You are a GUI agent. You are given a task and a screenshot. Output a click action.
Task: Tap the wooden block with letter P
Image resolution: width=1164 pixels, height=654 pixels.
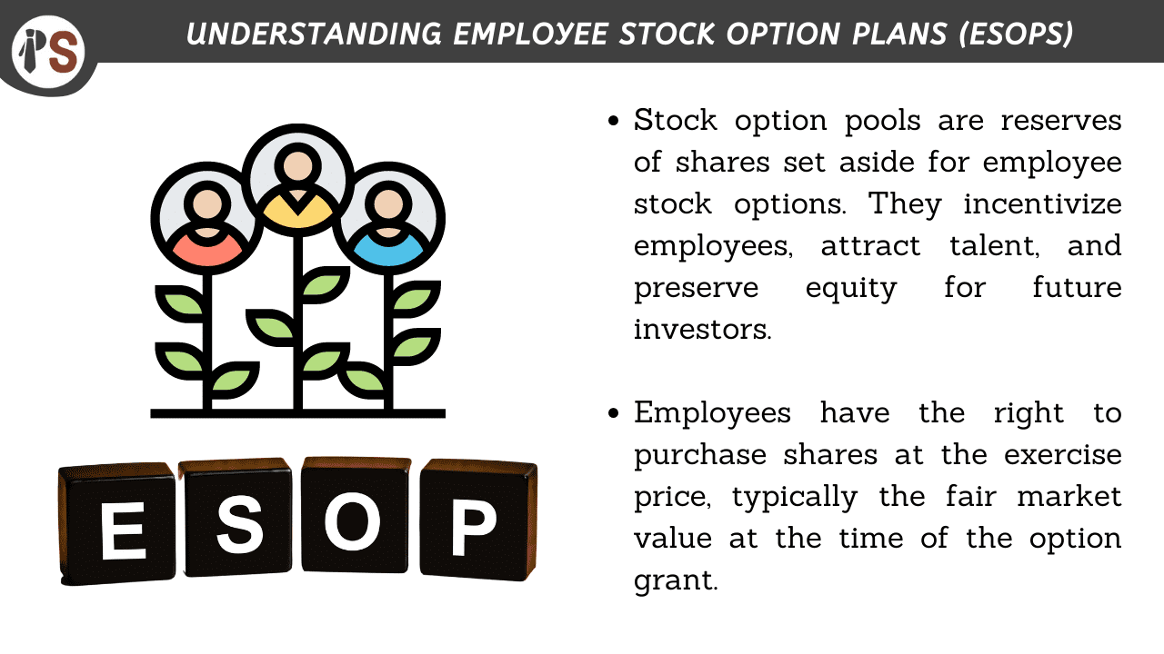(477, 523)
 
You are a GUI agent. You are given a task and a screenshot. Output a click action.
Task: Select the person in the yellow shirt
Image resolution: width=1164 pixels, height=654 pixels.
(298, 182)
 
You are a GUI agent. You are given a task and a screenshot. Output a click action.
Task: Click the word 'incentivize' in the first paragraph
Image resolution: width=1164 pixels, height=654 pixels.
(1042, 204)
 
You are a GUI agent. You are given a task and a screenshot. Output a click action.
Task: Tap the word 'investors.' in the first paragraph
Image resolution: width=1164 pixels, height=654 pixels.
(702, 329)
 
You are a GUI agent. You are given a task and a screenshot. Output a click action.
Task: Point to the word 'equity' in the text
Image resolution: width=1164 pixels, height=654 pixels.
(851, 288)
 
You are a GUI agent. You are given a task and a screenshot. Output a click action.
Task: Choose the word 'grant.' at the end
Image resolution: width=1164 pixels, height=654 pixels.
(676, 580)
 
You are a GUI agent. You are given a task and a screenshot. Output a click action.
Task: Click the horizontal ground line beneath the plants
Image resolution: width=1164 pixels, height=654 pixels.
(298, 413)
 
